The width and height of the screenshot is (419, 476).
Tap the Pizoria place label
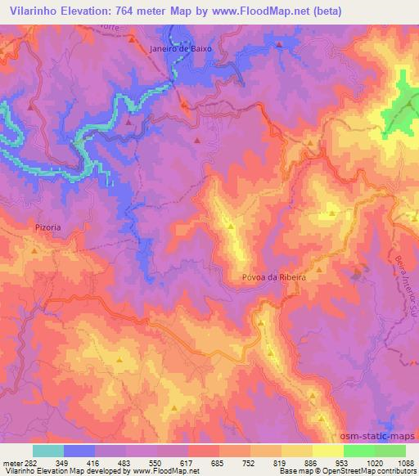(x=48, y=228)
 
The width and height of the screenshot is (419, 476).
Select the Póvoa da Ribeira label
(x=273, y=277)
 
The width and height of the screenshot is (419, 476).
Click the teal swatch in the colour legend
(x=47, y=451)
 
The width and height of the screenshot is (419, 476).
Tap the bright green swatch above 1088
(x=390, y=451)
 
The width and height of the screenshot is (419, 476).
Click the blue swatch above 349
(x=79, y=451)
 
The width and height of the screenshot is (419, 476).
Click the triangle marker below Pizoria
(x=34, y=250)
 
